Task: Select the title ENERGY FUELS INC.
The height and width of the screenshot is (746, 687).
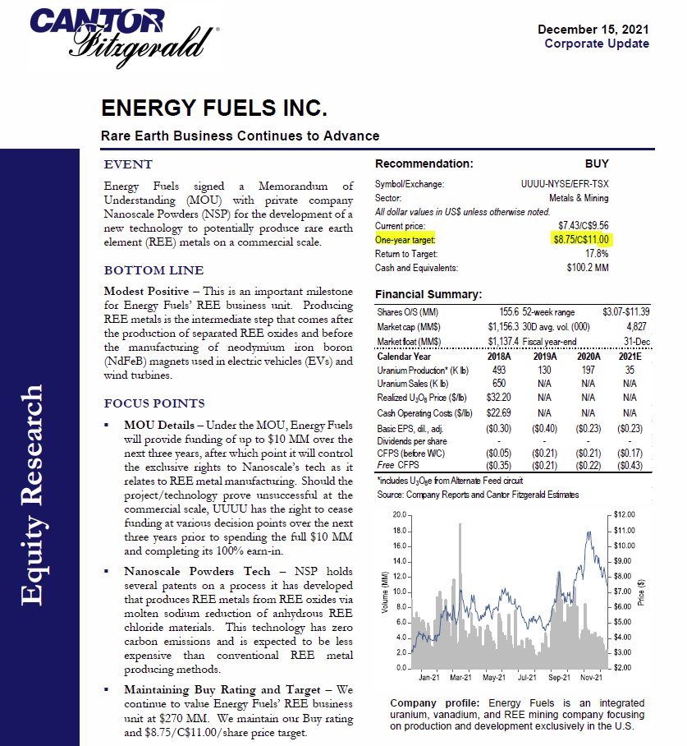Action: [214, 109]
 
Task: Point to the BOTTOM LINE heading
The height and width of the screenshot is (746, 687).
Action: [153, 270]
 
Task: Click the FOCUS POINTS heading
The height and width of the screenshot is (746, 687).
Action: [154, 403]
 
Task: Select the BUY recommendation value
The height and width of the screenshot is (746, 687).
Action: [597, 163]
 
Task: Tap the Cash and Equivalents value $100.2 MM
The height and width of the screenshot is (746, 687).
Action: [587, 268]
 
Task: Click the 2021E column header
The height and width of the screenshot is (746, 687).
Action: [630, 357]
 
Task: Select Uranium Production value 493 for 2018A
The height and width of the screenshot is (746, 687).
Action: [497, 371]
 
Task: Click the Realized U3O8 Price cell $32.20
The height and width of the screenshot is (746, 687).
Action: [497, 398]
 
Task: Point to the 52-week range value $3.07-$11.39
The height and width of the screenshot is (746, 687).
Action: [625, 312]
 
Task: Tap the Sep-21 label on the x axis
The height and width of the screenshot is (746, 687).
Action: [559, 678]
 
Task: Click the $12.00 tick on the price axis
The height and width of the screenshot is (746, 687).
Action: [625, 514]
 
